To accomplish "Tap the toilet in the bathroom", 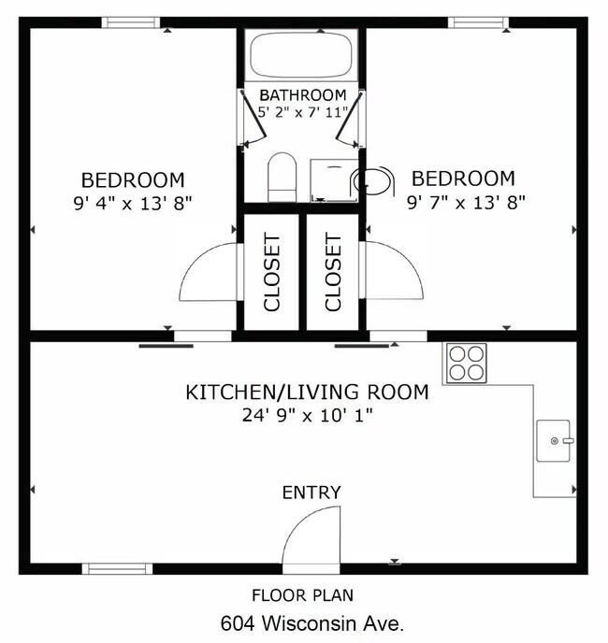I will tap(282, 178).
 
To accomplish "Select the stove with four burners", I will tap(465, 363).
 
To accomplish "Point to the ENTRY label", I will tap(311, 493).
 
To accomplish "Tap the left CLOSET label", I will tap(272, 272).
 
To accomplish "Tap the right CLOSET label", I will tap(333, 272).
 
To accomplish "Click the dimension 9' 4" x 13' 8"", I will tap(132, 203).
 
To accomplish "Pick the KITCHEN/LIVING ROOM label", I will tap(307, 393).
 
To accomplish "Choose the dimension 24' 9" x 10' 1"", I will tap(307, 416).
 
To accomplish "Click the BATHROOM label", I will tap(303, 95).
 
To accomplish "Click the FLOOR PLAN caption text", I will tap(303, 594).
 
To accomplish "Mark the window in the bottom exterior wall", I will tap(118, 567).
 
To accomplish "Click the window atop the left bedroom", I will tap(131, 22).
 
